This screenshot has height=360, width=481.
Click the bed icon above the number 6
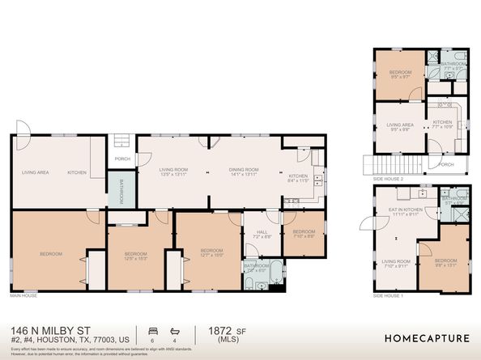[152, 331]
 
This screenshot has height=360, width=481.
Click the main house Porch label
[122, 159]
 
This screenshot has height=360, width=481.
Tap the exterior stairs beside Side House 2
[369, 166]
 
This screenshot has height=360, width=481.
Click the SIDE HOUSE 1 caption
[389, 296]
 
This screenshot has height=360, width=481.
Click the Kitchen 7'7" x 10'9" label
[441, 125]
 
